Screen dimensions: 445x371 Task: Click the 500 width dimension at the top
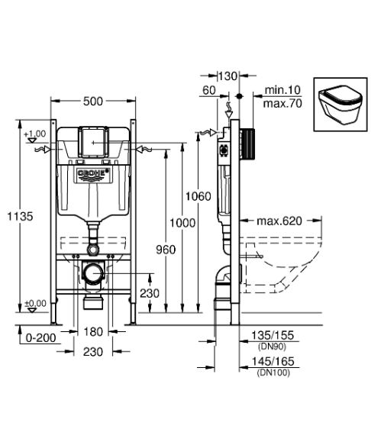[x=92, y=102]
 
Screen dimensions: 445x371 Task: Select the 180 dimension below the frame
[x=92, y=332]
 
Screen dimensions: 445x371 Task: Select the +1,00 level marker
[x=35, y=134]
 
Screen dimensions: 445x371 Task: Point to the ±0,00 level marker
[x=35, y=303]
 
